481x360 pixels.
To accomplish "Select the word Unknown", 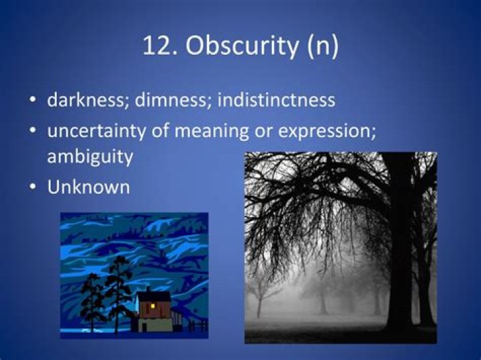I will coord(88,187).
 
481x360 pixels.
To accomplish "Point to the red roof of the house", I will coord(154,295).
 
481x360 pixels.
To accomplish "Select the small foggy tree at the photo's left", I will coord(261,294).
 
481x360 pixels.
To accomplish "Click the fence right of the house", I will coord(196,325).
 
